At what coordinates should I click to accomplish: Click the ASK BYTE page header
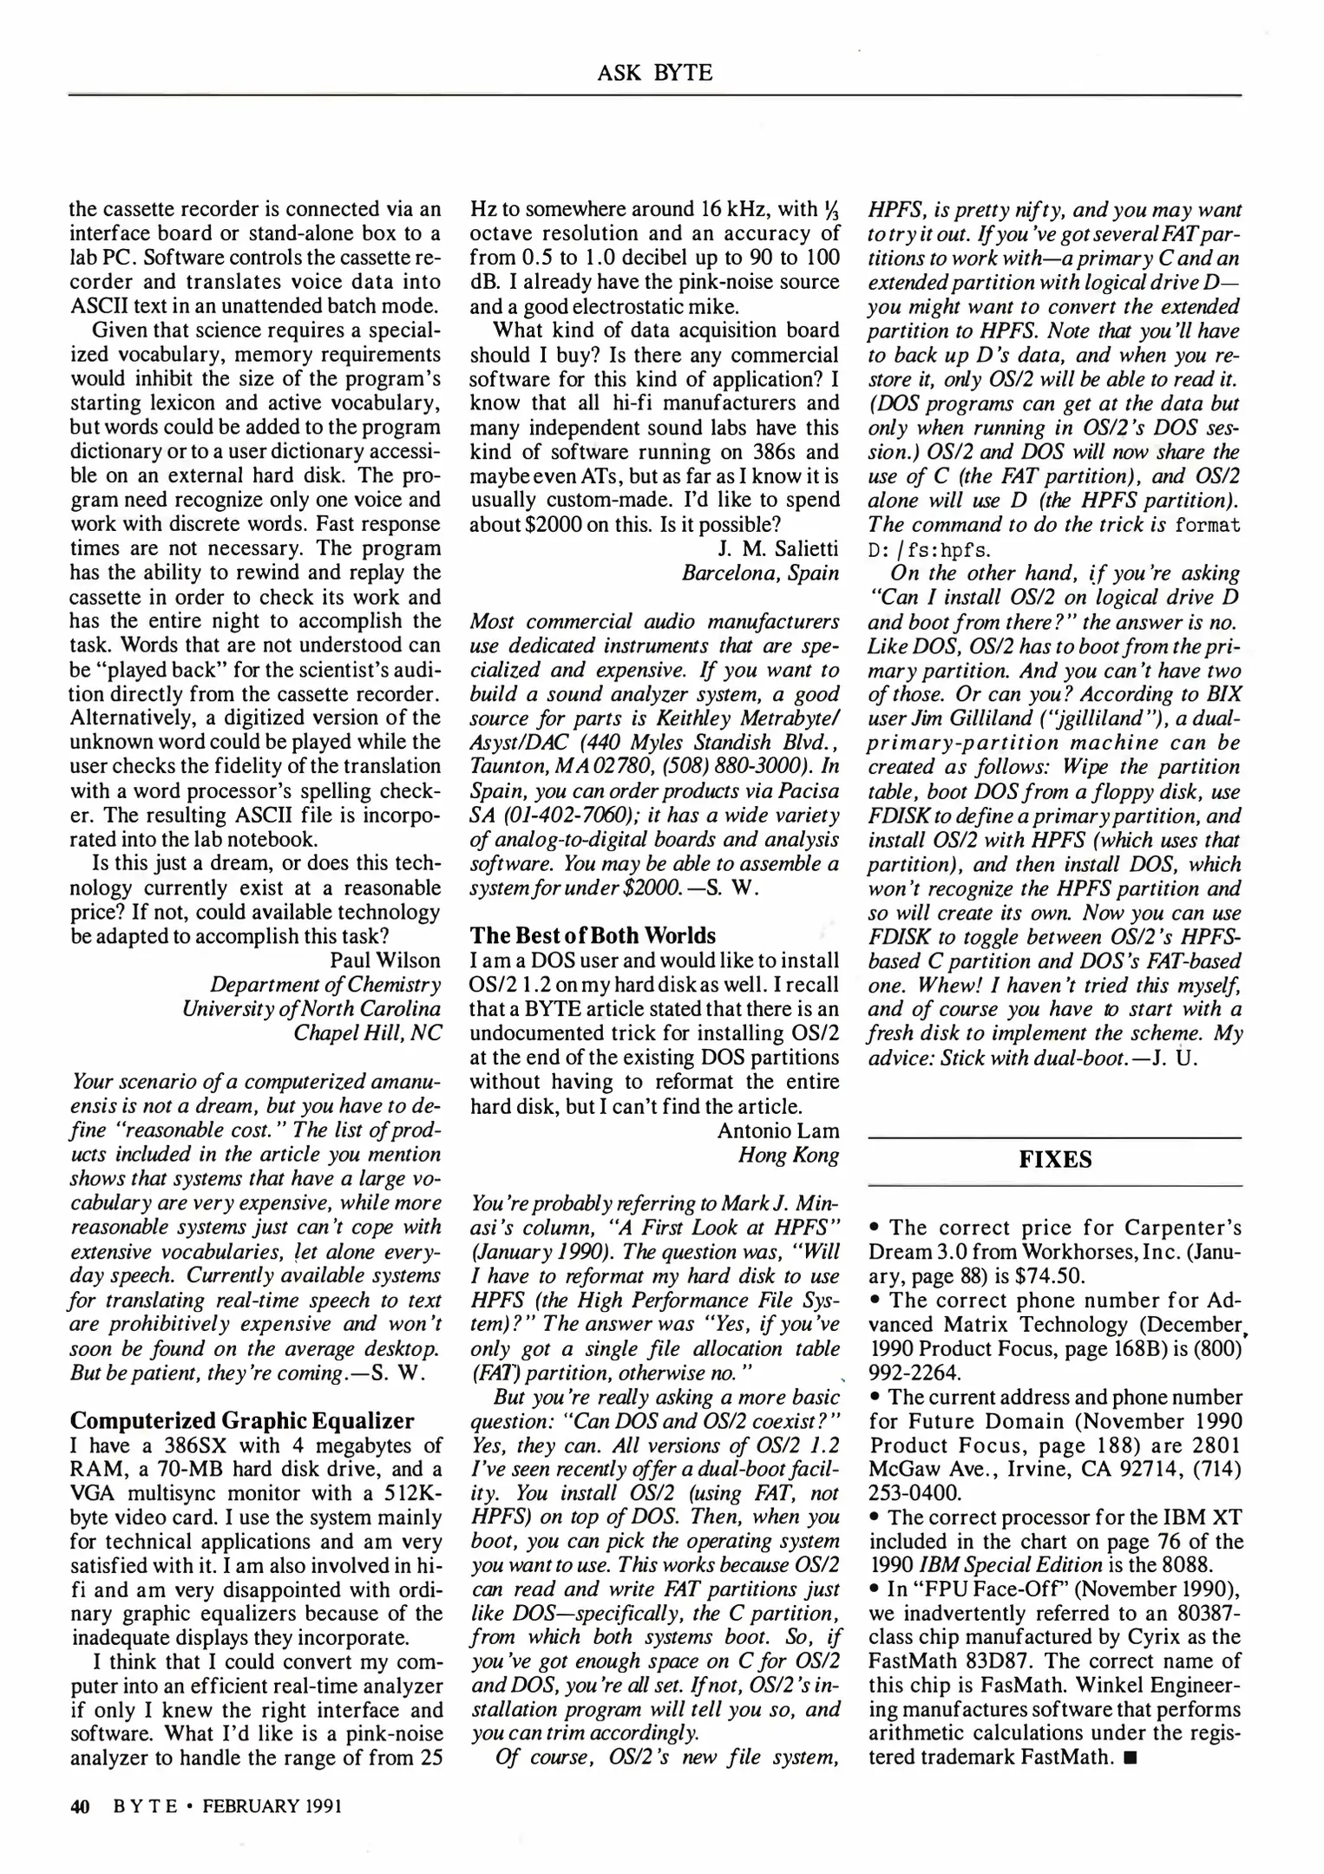point(654,73)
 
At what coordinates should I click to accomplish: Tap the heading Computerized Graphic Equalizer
point(242,1420)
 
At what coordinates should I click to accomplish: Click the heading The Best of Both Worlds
point(593,935)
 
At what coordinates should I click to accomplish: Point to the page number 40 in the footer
point(80,1806)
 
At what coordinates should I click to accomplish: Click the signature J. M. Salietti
point(778,548)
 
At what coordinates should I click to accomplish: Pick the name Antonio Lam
point(778,1130)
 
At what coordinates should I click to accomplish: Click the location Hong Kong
point(788,1155)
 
